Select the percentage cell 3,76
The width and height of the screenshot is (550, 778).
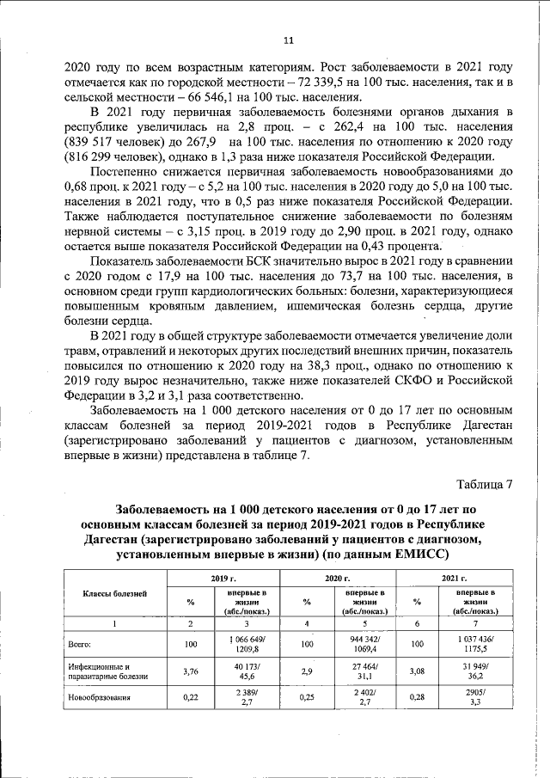point(191,671)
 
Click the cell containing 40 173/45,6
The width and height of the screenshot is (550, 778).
point(247,671)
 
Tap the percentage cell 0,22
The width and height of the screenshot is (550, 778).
point(191,698)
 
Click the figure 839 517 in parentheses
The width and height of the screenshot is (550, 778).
point(99,142)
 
